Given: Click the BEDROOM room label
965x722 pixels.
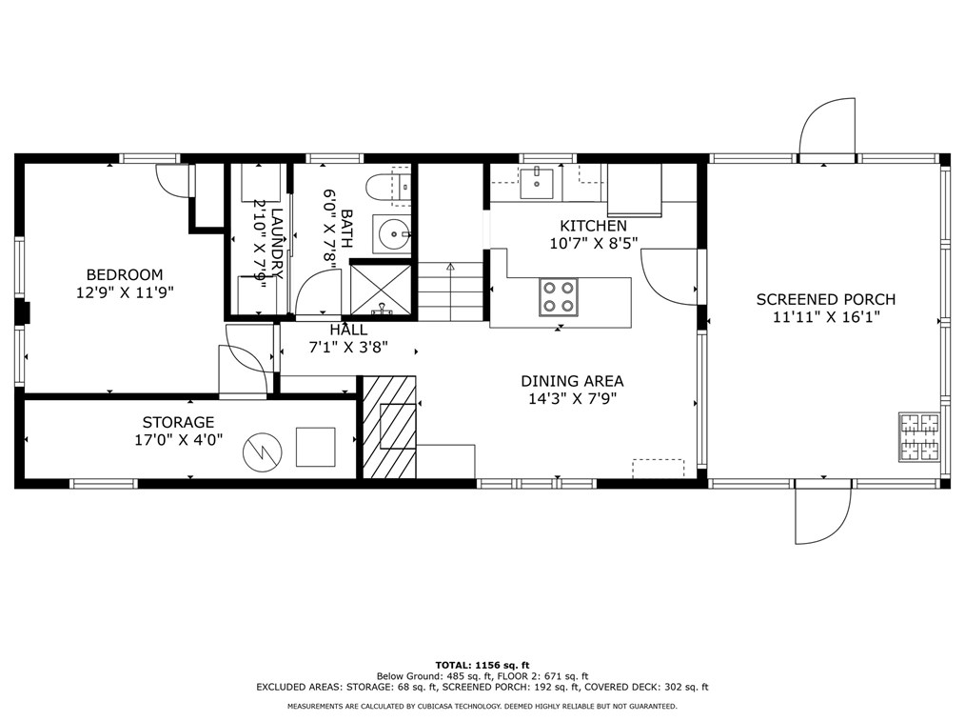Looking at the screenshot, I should tap(125, 274).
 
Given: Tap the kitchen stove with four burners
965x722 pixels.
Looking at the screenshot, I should tap(559, 295).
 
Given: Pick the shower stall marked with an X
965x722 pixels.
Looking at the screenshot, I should tap(381, 290).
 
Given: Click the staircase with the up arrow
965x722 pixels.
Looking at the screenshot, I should tap(451, 292).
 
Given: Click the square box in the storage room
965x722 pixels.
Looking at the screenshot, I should tap(315, 447).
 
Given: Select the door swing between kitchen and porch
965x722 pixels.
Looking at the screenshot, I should tap(671, 276).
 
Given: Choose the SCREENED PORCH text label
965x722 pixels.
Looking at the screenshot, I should tap(825, 299).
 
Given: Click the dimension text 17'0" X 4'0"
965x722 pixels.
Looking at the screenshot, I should tap(178, 440).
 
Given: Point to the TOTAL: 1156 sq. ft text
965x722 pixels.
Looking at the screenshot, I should tap(482, 665).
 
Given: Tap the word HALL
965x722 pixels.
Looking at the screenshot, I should tap(348, 330).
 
